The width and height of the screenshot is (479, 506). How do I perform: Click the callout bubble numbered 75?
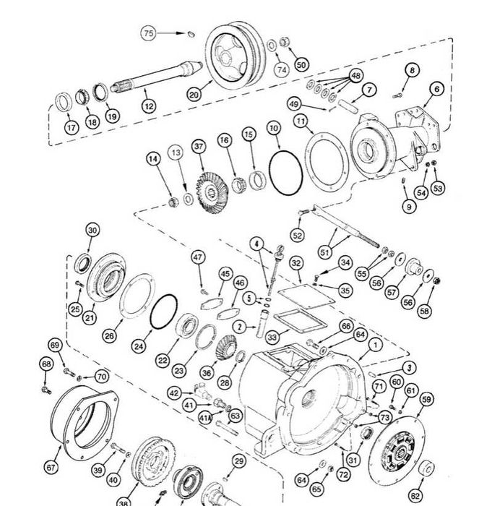(148, 33)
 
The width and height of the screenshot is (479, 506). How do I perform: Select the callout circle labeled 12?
(149, 106)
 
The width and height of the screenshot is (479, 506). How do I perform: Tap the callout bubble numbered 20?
(194, 95)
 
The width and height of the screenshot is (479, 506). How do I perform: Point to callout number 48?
(355, 76)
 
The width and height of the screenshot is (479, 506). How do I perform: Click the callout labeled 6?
(437, 89)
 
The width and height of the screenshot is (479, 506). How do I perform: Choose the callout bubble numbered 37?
(199, 147)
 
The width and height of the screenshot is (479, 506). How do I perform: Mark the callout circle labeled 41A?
(205, 419)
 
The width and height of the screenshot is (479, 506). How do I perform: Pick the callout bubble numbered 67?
(51, 467)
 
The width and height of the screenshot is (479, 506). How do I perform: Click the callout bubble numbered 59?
(426, 400)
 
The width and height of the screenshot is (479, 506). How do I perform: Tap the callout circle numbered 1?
(375, 345)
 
